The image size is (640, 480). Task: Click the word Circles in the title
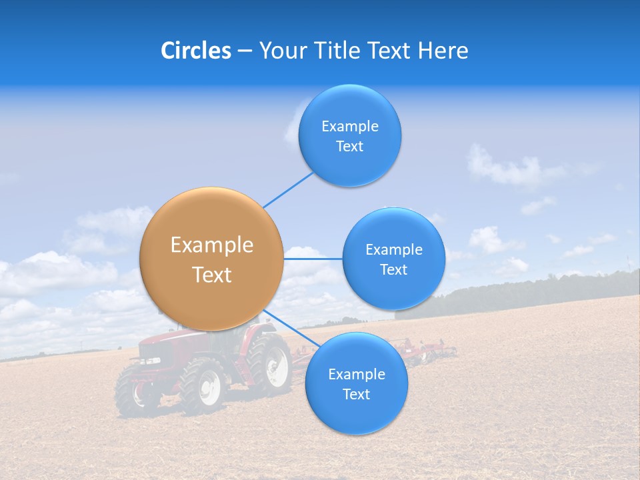195,51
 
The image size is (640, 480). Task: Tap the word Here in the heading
443,51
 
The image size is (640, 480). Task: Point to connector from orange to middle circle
313,259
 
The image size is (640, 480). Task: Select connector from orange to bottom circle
293,331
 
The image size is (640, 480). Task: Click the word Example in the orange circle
211,245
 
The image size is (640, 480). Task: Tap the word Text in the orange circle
211,275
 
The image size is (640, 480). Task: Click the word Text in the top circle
349,147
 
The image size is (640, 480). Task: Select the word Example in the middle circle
393,249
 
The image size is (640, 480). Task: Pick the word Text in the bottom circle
356,395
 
